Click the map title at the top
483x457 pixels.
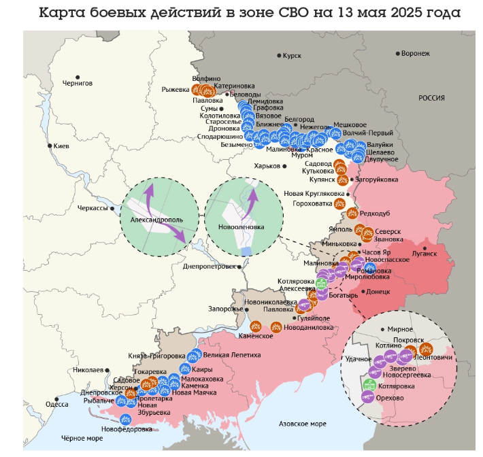point(249,13)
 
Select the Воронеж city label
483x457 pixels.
point(416,53)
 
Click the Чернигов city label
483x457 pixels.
point(77,83)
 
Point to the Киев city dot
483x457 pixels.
point(49,146)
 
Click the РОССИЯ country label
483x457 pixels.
point(431,98)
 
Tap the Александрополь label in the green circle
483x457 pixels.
point(152,220)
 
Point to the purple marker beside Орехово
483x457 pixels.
point(368,398)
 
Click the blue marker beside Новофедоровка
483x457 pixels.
point(125,419)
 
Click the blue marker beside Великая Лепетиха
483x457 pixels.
point(195,354)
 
